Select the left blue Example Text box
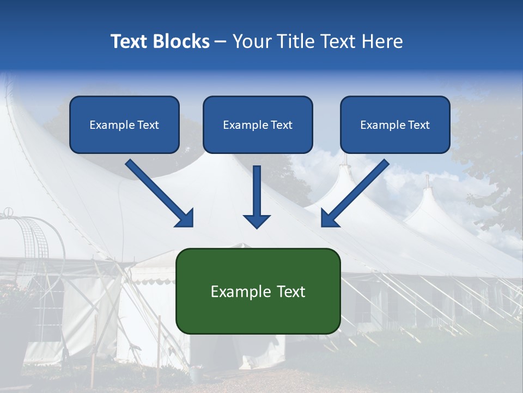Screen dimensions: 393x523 coord(124,124)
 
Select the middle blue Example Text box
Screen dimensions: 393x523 coord(258,124)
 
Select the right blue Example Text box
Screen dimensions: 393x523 coord(395,124)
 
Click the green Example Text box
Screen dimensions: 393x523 coord(258,291)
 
